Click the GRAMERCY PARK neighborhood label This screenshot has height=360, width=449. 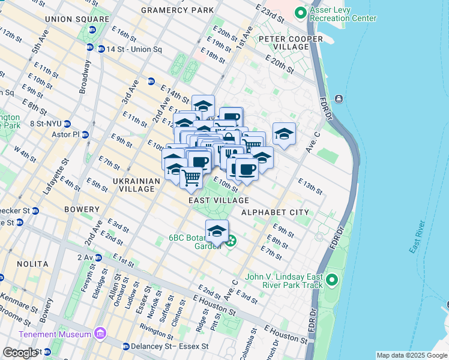pyautogui.click(x=176, y=11)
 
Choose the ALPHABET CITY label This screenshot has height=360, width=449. pyautogui.click(x=275, y=212)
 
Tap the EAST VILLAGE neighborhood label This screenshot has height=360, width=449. pyautogui.click(x=218, y=200)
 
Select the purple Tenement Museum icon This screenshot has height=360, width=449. pyautogui.click(x=100, y=334)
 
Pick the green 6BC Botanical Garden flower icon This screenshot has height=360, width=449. pyautogui.click(x=231, y=242)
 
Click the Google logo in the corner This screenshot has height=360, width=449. pyautogui.click(x=19, y=353)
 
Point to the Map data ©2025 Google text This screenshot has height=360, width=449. pyautogui.click(x=412, y=355)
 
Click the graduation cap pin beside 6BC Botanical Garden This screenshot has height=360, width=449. pyautogui.click(x=217, y=230)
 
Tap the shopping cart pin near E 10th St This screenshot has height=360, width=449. pyautogui.click(x=191, y=177)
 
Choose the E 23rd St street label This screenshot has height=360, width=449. pyautogui.click(x=268, y=11)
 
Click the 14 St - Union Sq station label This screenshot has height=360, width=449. pyautogui.click(x=121, y=48)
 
